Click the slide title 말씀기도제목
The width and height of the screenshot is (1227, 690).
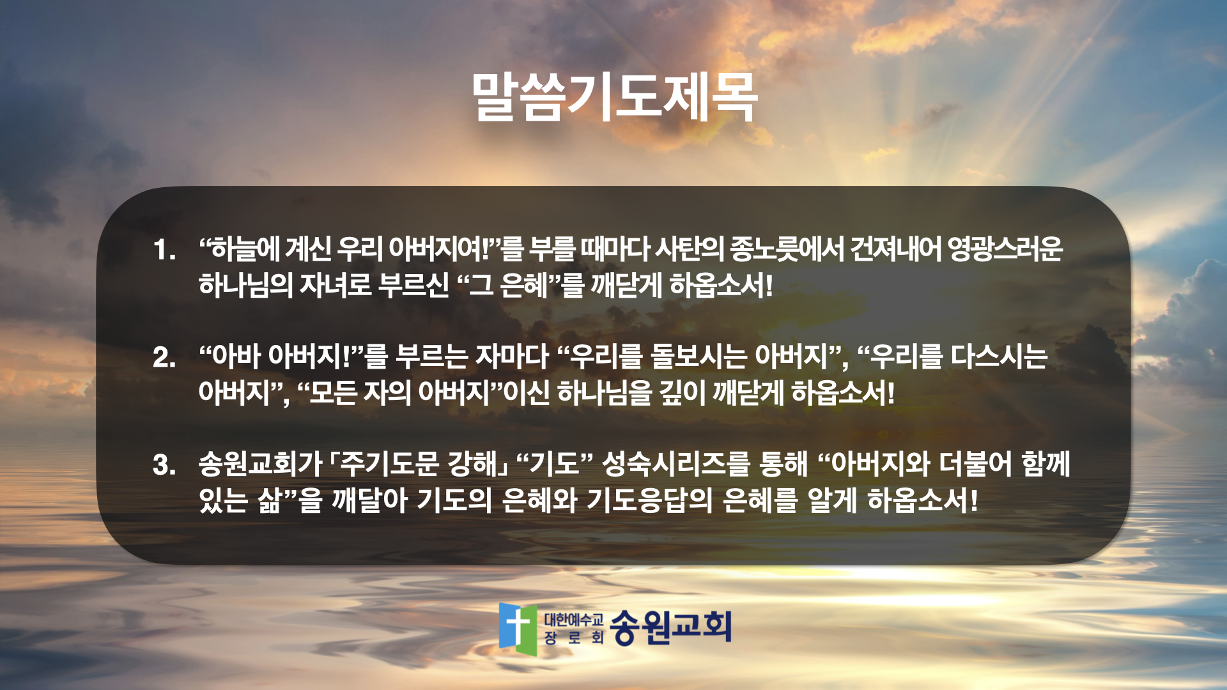point(614,98)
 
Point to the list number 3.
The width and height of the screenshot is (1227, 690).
point(164,464)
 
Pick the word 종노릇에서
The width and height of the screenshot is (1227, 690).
point(785,249)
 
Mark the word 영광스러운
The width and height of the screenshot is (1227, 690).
point(1005,249)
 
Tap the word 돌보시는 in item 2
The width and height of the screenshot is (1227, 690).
point(698,356)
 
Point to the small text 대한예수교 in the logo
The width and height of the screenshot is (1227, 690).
point(573,619)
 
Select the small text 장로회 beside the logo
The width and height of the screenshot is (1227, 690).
point(573,638)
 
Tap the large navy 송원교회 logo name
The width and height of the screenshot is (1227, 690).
point(670,627)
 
